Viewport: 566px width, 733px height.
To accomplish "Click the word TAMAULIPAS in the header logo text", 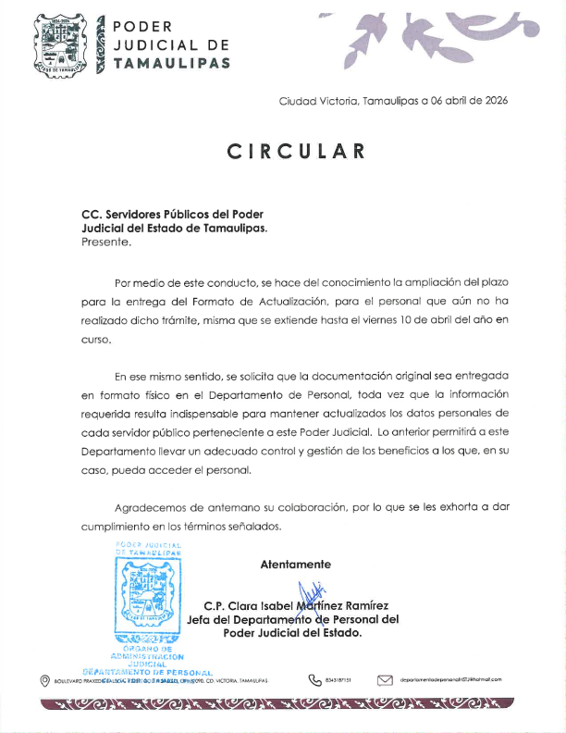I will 171,63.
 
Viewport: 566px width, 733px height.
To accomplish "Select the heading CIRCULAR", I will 295,151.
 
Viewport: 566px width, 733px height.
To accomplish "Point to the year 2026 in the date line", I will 492,101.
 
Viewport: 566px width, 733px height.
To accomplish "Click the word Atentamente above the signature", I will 295,564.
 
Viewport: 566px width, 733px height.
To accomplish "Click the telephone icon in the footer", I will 314,680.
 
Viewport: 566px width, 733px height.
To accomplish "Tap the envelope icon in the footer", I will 386,680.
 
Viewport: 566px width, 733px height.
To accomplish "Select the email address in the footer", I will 451,680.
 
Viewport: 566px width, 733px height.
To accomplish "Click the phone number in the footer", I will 340,680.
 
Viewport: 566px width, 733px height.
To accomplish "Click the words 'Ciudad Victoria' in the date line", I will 318,101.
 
